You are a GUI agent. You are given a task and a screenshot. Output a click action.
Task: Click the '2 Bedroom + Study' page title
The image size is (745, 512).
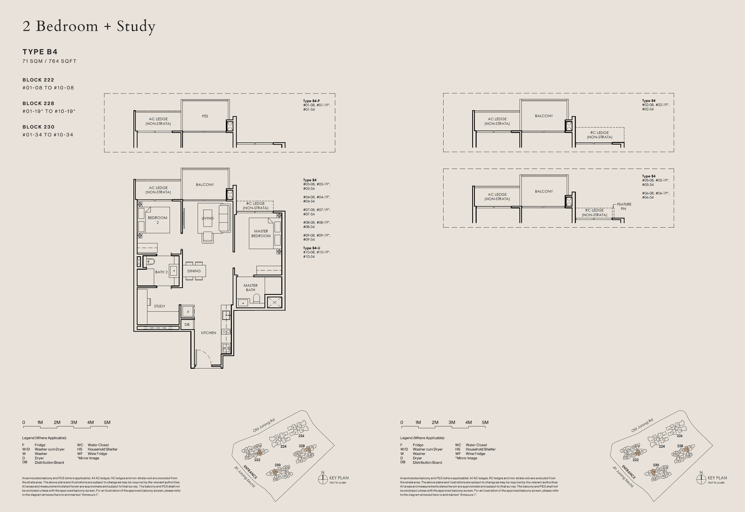(x=88, y=27)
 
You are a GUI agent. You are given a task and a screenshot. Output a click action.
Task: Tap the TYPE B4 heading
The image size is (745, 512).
(x=40, y=52)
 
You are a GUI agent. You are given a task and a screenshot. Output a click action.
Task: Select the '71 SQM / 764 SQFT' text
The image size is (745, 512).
(x=49, y=61)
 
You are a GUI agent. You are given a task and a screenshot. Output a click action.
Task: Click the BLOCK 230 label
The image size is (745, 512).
(x=39, y=127)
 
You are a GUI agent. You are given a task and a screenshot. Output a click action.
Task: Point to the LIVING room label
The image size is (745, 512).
(x=208, y=218)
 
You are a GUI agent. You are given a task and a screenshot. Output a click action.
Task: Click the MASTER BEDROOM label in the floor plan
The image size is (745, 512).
(x=261, y=233)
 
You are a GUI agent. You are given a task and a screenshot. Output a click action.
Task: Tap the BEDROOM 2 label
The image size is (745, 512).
(x=157, y=220)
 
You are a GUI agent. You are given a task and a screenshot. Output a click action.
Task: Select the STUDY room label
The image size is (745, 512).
(x=160, y=306)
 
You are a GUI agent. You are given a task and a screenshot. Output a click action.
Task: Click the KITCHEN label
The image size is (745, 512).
(x=208, y=333)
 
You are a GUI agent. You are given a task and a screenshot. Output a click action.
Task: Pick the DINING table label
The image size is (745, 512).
(x=194, y=271)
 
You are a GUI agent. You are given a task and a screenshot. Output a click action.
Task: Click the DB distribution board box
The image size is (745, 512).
(x=187, y=325)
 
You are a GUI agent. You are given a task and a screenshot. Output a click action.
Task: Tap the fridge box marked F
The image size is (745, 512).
(x=188, y=312)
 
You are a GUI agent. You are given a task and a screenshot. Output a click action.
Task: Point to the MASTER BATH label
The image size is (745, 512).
(x=251, y=288)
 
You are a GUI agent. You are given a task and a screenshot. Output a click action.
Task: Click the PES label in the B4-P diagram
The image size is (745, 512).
(x=205, y=116)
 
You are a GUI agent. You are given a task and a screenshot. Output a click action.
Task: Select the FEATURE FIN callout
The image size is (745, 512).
(x=624, y=206)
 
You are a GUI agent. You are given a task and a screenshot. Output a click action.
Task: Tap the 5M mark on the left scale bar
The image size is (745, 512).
(x=107, y=423)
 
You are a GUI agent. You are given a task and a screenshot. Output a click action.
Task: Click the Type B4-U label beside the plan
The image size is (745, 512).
(x=312, y=248)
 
